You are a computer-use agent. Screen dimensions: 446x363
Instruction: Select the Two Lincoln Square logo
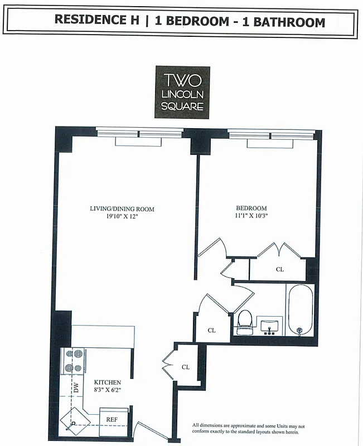click(x=182, y=92)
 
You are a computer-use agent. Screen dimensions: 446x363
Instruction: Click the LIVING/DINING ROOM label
click(x=122, y=209)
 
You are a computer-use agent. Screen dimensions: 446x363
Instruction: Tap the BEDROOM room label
click(x=251, y=209)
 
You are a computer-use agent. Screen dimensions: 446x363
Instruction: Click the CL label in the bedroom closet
click(x=280, y=269)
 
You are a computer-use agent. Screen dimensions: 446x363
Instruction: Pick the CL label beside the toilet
click(x=212, y=330)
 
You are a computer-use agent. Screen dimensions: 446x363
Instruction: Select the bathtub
click(x=300, y=310)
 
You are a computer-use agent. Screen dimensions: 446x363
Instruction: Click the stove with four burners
click(x=74, y=360)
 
